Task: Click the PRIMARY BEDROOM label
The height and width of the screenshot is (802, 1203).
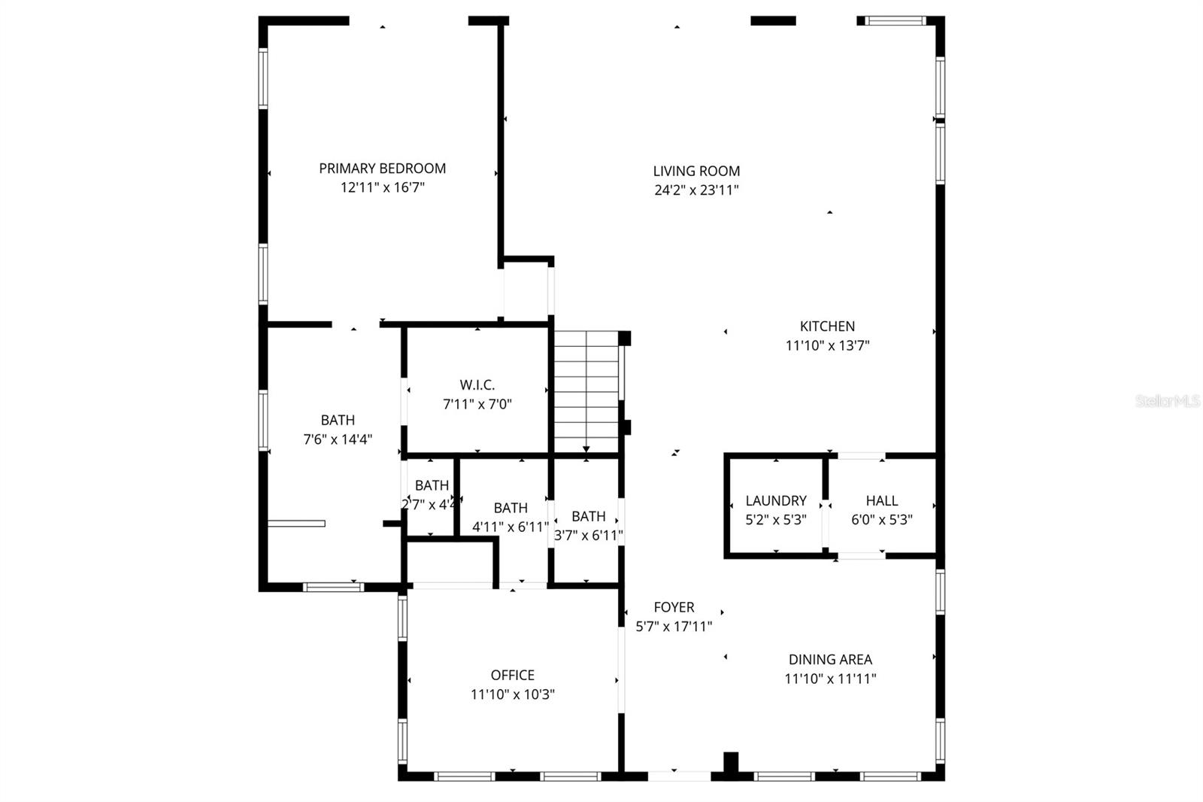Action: (382, 169)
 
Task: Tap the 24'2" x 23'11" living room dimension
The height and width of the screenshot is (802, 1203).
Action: (696, 190)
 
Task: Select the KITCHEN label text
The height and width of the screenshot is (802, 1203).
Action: (827, 327)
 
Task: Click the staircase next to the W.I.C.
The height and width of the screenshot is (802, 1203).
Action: (586, 391)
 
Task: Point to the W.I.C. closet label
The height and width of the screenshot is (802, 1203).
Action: (477, 385)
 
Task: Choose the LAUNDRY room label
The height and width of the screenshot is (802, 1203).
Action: (776, 501)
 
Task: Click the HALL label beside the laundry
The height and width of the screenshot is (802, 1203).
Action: (881, 501)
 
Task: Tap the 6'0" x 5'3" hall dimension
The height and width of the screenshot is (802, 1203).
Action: (881, 520)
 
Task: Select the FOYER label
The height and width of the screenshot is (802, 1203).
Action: (674, 607)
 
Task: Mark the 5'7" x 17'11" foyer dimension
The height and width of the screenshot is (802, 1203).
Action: (674, 626)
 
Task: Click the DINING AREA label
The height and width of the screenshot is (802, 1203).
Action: (830, 660)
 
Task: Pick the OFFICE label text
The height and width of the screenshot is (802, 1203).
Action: (513, 676)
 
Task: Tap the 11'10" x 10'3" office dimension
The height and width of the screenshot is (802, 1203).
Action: (513, 694)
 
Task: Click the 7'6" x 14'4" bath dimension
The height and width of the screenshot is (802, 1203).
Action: (338, 439)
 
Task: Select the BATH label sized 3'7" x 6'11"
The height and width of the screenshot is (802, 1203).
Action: (588, 517)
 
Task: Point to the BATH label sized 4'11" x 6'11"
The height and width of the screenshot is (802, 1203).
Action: (511, 509)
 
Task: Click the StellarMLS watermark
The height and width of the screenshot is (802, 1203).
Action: (1168, 401)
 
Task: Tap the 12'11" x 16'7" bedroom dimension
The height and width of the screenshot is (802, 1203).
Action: (382, 187)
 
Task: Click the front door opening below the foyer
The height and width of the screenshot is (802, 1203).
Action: (679, 775)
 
